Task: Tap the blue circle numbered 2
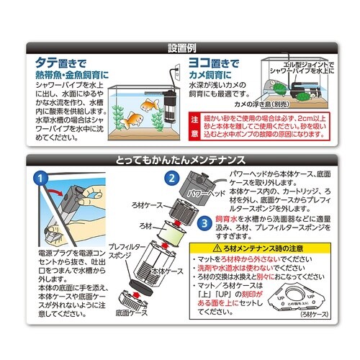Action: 171,178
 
